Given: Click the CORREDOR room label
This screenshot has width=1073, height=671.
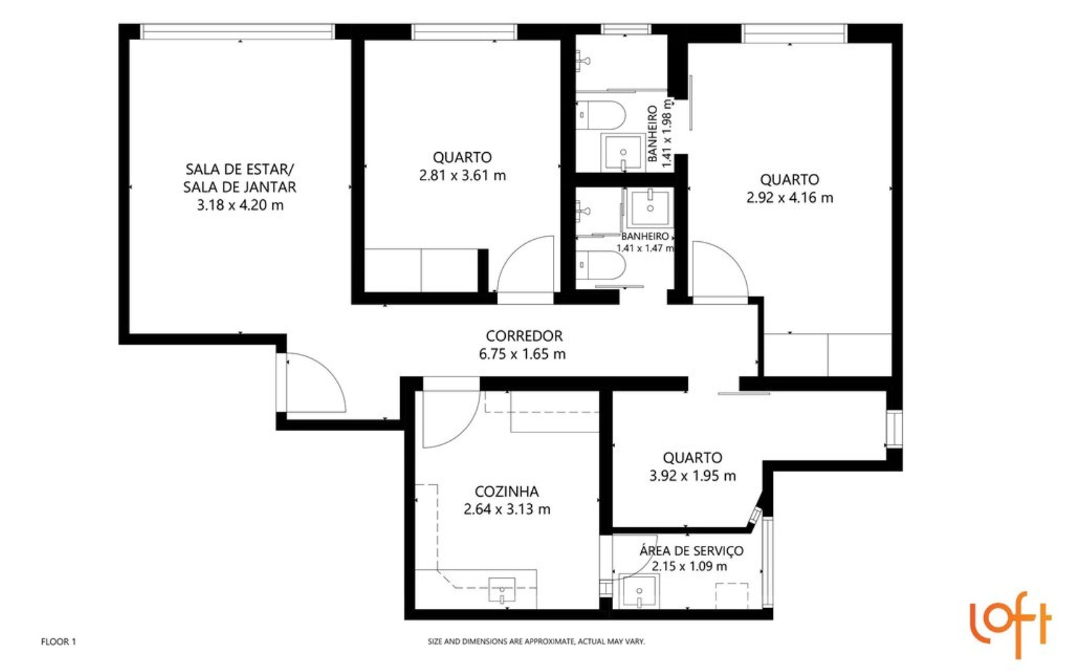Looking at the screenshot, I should coord(523,336).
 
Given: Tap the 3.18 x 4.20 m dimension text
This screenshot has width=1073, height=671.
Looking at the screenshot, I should coord(240,205).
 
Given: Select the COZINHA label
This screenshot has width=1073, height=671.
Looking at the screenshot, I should coord(506,491).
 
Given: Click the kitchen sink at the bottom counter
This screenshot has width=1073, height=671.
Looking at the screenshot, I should coord(502,589).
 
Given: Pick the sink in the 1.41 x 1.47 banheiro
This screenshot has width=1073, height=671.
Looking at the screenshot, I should coord(649,206).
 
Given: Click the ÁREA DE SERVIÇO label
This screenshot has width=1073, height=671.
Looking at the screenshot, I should coord(691,550).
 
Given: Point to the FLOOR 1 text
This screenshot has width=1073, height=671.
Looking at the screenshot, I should coord(58,642).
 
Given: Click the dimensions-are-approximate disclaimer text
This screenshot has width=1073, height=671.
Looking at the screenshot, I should coord(536,642).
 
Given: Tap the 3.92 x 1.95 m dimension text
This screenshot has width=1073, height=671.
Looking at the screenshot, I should coord(692,476).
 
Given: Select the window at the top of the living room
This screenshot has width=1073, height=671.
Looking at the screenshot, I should coord(239,31).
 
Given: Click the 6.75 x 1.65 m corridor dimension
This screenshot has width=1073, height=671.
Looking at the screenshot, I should coord(522,355).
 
